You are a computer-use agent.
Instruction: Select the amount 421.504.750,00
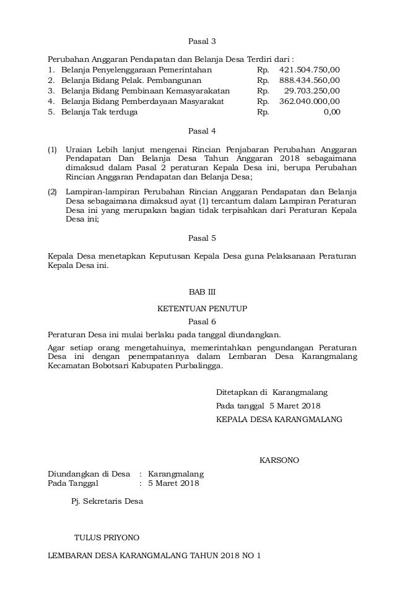(x=310, y=69)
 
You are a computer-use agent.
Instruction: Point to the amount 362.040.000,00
(x=310, y=101)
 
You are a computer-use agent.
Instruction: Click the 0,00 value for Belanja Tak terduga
(x=331, y=113)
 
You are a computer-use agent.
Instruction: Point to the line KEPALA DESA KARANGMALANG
(x=279, y=420)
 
